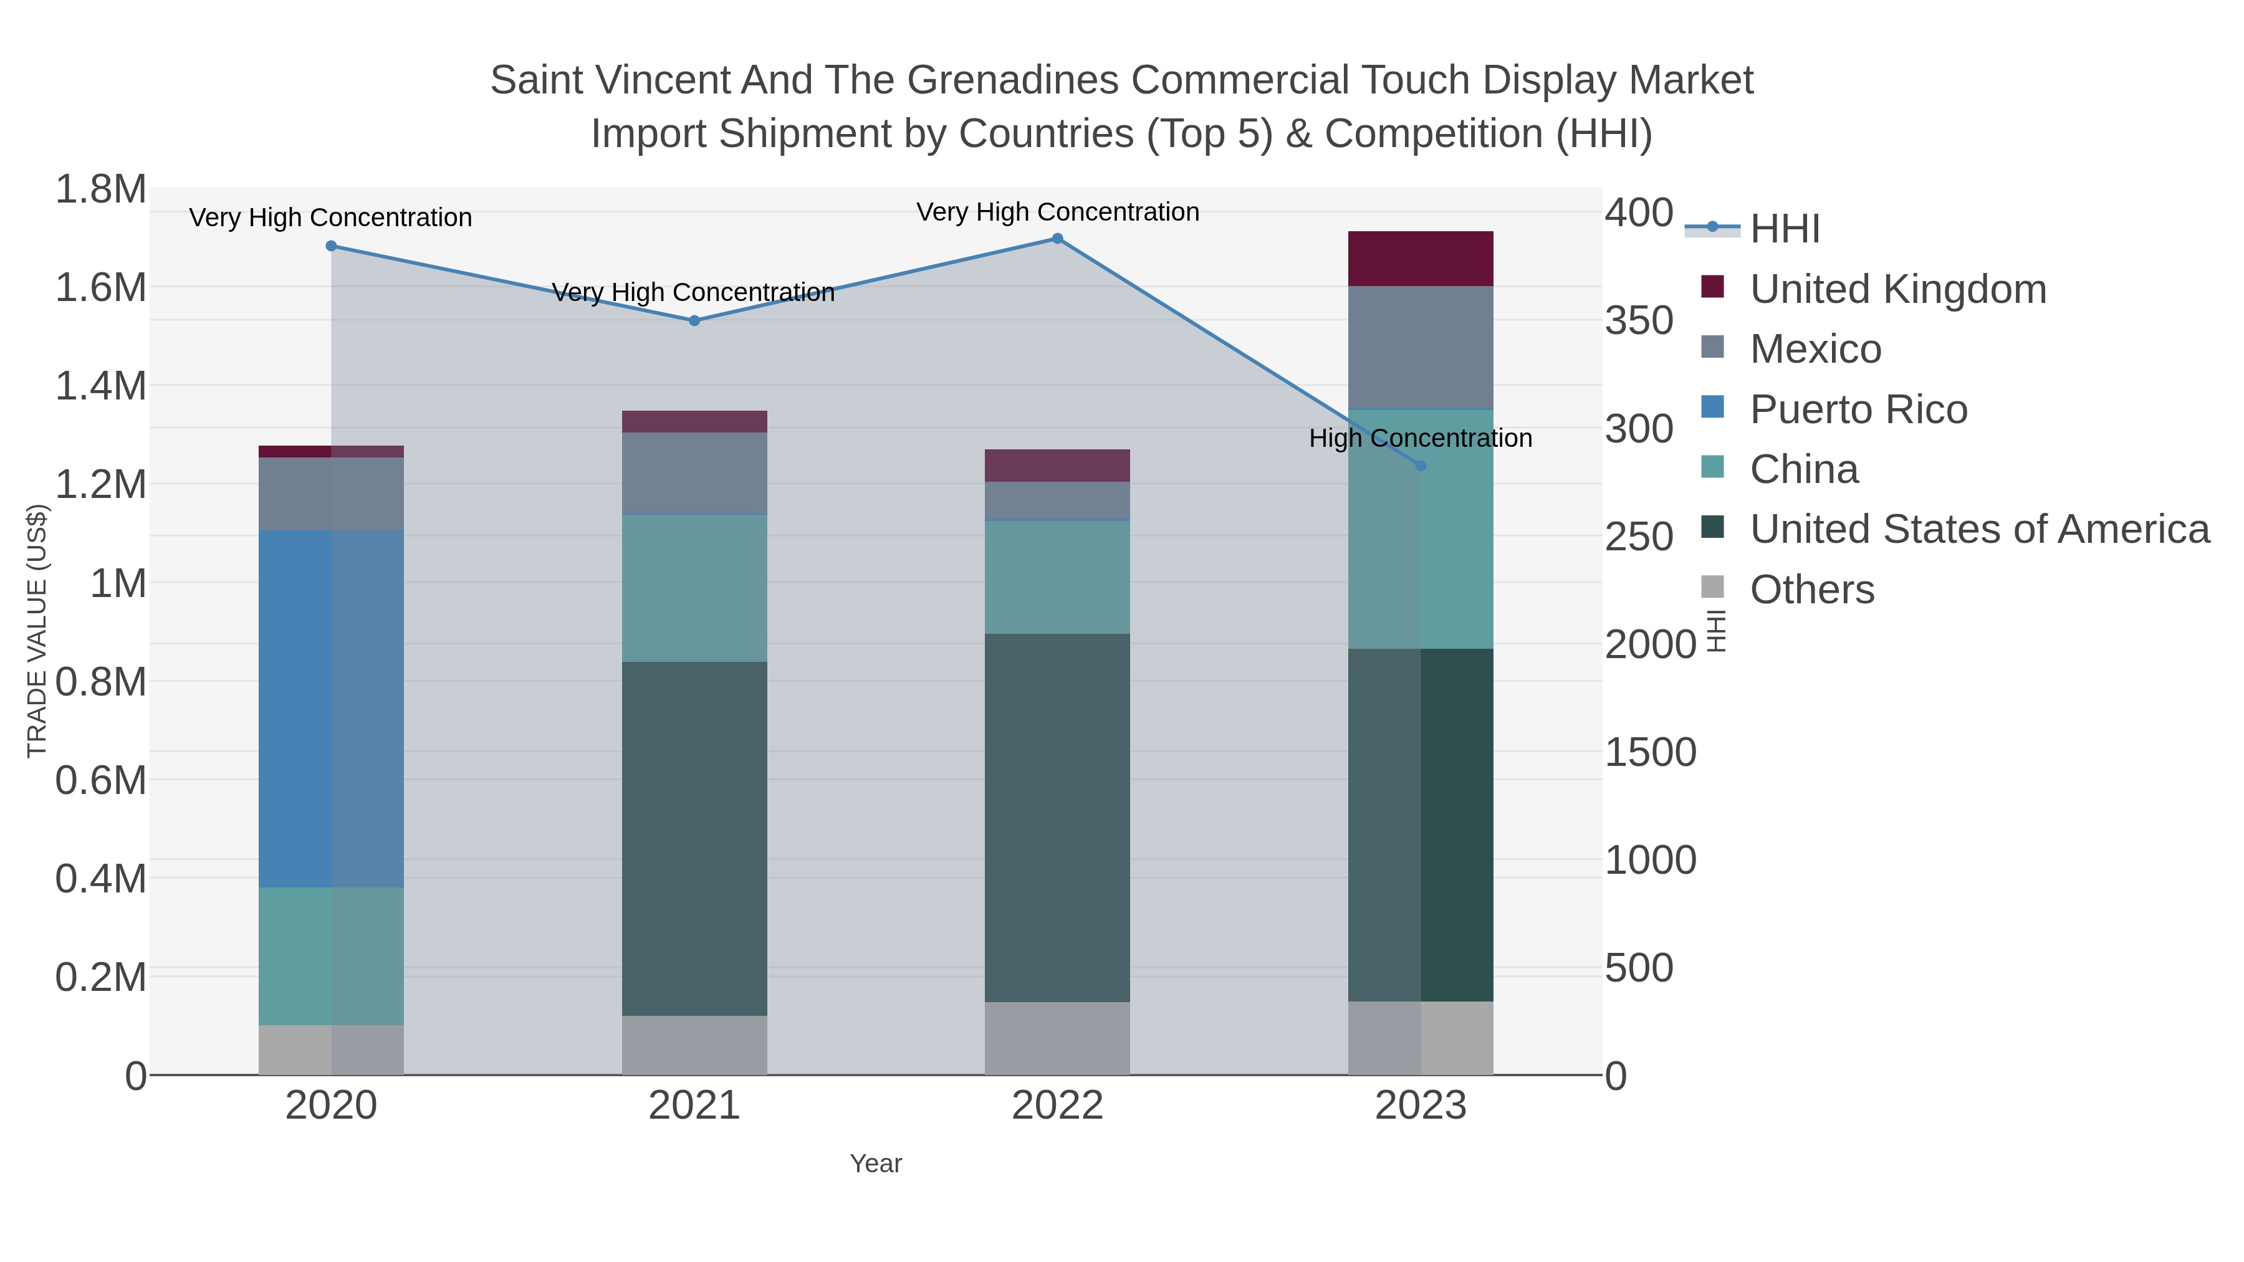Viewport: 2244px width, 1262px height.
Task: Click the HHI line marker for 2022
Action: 1058,239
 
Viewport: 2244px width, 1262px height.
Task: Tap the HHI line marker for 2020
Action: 331,246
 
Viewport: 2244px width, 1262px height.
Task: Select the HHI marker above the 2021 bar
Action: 694,320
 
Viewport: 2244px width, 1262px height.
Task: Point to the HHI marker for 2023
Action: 1421,466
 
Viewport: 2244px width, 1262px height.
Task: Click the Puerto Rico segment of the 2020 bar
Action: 331,709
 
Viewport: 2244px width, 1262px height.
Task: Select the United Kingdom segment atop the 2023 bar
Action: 1421,259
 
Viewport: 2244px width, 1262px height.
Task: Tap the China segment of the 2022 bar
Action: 1058,576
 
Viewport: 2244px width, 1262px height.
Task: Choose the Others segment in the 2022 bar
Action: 1058,1038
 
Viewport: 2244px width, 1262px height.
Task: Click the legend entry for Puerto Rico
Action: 1858,409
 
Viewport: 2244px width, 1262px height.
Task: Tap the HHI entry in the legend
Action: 1784,229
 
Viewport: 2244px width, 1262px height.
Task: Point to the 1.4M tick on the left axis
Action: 101,386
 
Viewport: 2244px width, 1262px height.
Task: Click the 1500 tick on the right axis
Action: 1650,752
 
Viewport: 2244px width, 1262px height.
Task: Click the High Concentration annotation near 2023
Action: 1420,438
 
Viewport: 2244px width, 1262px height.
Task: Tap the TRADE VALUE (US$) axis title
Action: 37,631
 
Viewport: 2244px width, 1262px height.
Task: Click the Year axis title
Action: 876,1164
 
